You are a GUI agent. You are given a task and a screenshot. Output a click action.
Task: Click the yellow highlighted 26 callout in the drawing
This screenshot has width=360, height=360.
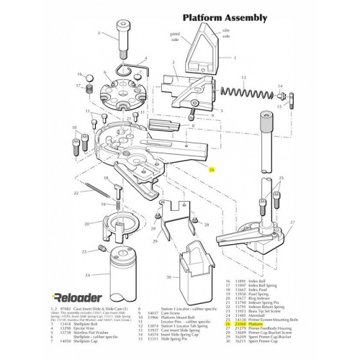click(211, 170)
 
